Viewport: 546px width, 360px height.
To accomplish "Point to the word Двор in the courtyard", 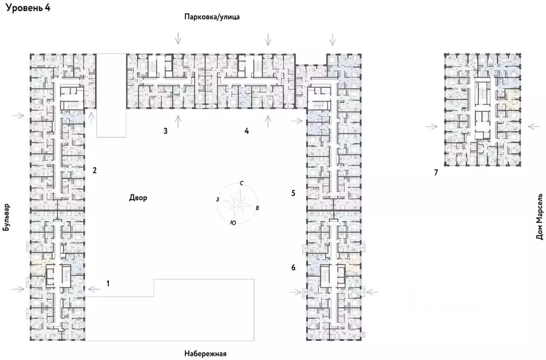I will [x=137, y=197].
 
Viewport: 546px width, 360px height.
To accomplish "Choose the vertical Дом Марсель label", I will [x=540, y=216].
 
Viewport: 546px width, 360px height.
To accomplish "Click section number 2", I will [x=94, y=171].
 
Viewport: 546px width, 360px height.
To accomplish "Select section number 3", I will [x=165, y=131].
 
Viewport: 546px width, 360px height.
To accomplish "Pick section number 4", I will [x=246, y=131].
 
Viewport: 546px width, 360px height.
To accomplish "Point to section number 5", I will [x=293, y=192].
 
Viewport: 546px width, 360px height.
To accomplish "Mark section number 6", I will [x=293, y=267].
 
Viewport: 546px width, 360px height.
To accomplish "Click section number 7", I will [x=436, y=173].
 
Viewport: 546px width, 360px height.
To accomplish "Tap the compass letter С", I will [x=242, y=183].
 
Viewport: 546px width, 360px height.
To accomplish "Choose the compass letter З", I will [x=217, y=199].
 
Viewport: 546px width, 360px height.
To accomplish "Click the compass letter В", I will [x=258, y=207].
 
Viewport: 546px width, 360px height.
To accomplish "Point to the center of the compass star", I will [x=236, y=202].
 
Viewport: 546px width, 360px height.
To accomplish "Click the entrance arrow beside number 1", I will [x=93, y=289].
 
